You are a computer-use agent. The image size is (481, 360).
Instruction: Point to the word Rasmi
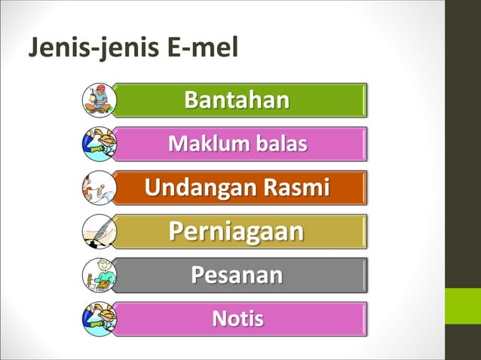296,188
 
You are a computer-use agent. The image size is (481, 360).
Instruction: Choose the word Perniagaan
237,231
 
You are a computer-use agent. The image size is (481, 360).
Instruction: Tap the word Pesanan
237,275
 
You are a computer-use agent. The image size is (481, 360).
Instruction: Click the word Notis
237,319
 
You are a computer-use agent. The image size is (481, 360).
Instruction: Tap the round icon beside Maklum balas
99,144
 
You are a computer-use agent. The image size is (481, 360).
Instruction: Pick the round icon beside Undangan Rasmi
99,188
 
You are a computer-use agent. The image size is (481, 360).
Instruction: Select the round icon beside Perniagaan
99,231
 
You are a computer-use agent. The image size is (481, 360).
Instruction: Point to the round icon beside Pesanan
99,275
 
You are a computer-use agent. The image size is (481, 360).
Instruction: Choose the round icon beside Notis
99,319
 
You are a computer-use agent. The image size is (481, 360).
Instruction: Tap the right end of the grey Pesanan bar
363,275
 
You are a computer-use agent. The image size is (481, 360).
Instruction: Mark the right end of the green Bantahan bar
363,100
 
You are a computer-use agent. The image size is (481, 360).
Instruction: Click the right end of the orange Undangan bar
363,188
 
